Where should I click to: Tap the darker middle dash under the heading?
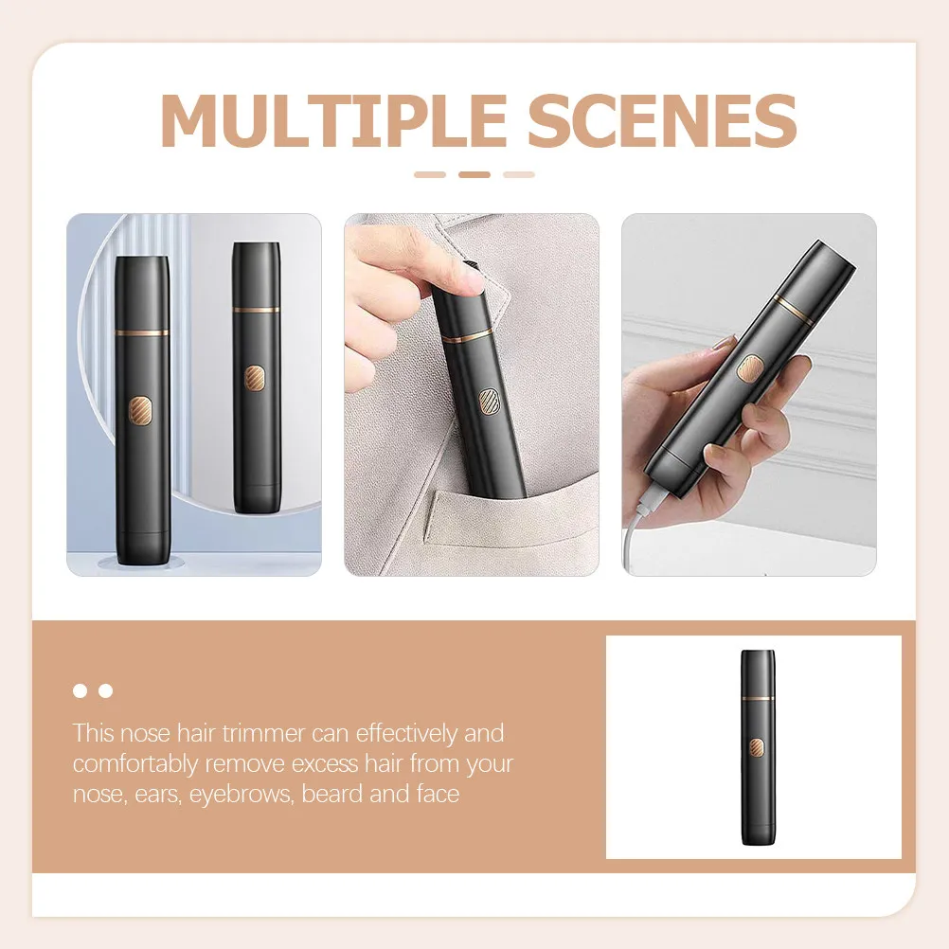(x=474, y=175)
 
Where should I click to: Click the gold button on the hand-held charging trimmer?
(x=750, y=368)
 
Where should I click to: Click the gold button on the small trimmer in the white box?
(x=757, y=747)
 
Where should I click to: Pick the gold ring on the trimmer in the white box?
(x=758, y=698)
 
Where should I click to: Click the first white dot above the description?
(x=80, y=690)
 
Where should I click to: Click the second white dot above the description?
(x=106, y=690)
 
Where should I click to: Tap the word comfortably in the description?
(x=135, y=764)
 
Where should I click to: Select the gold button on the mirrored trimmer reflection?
(x=254, y=378)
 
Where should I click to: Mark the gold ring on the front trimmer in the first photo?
(x=142, y=332)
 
